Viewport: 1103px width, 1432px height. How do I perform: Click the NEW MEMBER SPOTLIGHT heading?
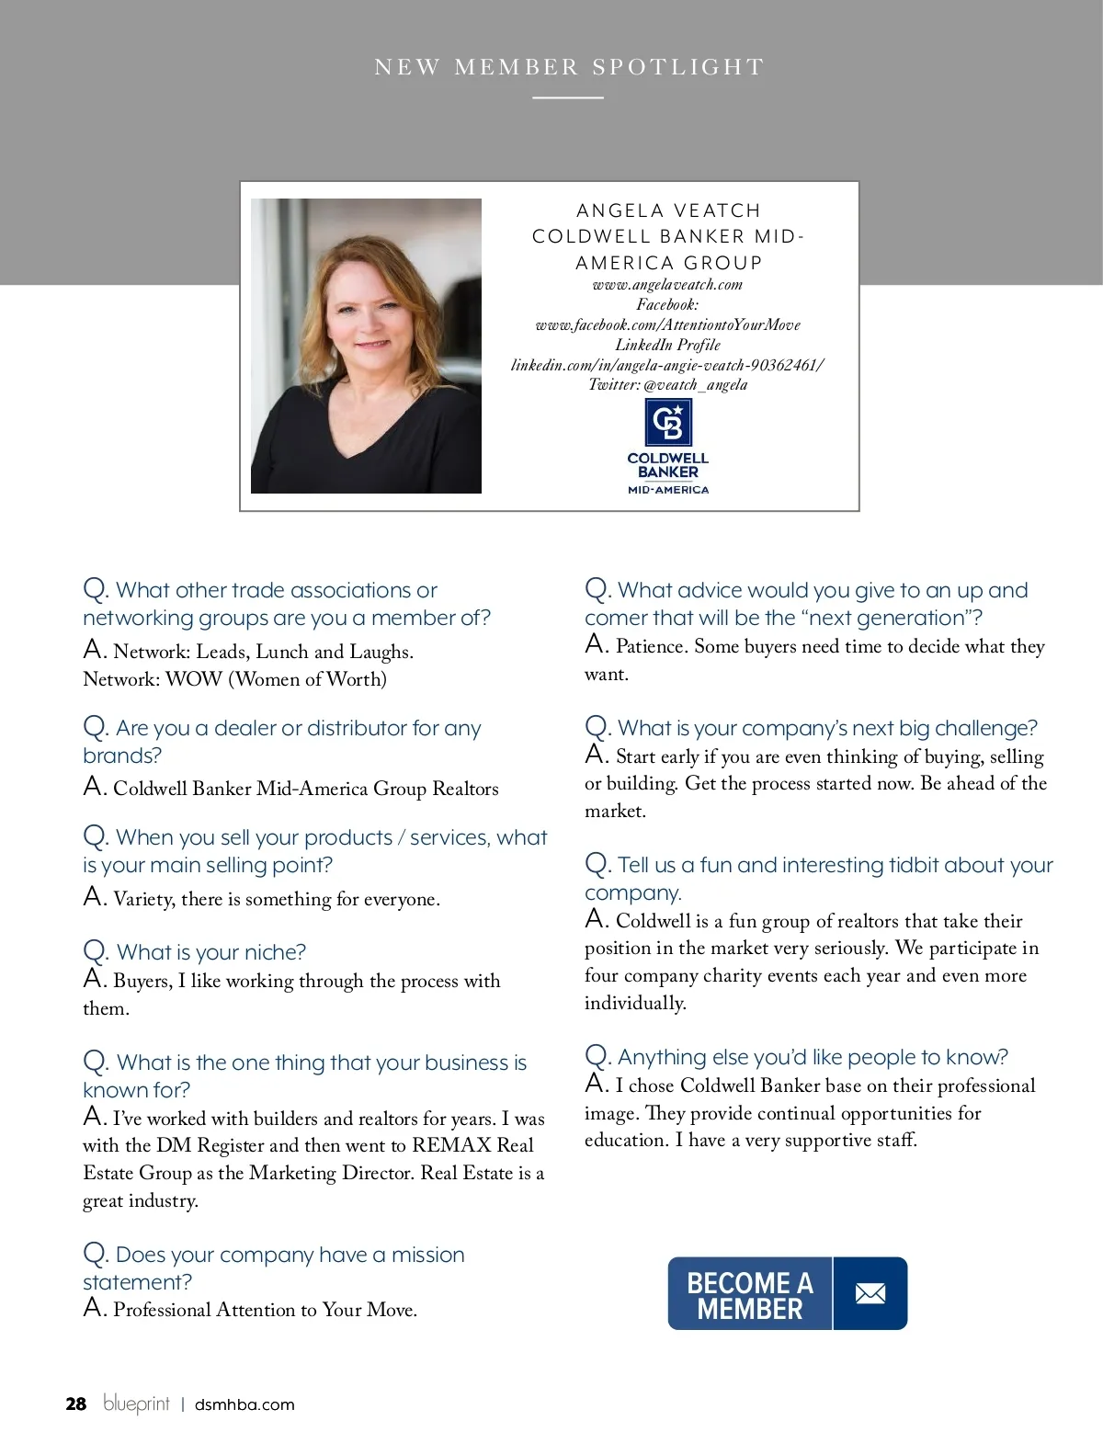(569, 67)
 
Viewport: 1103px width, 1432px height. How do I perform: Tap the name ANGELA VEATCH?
(668, 210)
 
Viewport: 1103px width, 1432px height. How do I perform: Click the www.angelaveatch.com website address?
(667, 285)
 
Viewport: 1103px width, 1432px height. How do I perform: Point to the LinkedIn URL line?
(667, 365)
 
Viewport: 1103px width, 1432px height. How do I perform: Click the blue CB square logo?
(668, 423)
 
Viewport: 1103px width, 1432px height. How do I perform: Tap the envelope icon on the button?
(870, 1294)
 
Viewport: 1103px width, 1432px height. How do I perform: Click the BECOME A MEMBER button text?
(750, 1295)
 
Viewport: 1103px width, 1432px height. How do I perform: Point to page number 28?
(75, 1404)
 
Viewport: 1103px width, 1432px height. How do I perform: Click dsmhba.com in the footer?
(244, 1404)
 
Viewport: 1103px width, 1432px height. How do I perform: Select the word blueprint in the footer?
(136, 1404)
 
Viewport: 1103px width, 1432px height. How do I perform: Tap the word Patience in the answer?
(651, 646)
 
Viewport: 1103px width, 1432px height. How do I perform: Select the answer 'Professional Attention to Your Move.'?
(265, 1310)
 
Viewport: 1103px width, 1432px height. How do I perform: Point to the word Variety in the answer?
(143, 899)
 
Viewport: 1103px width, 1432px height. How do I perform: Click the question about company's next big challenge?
(826, 728)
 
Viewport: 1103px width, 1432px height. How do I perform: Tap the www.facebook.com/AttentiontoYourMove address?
(667, 325)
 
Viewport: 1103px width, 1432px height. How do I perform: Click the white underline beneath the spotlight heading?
(568, 97)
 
